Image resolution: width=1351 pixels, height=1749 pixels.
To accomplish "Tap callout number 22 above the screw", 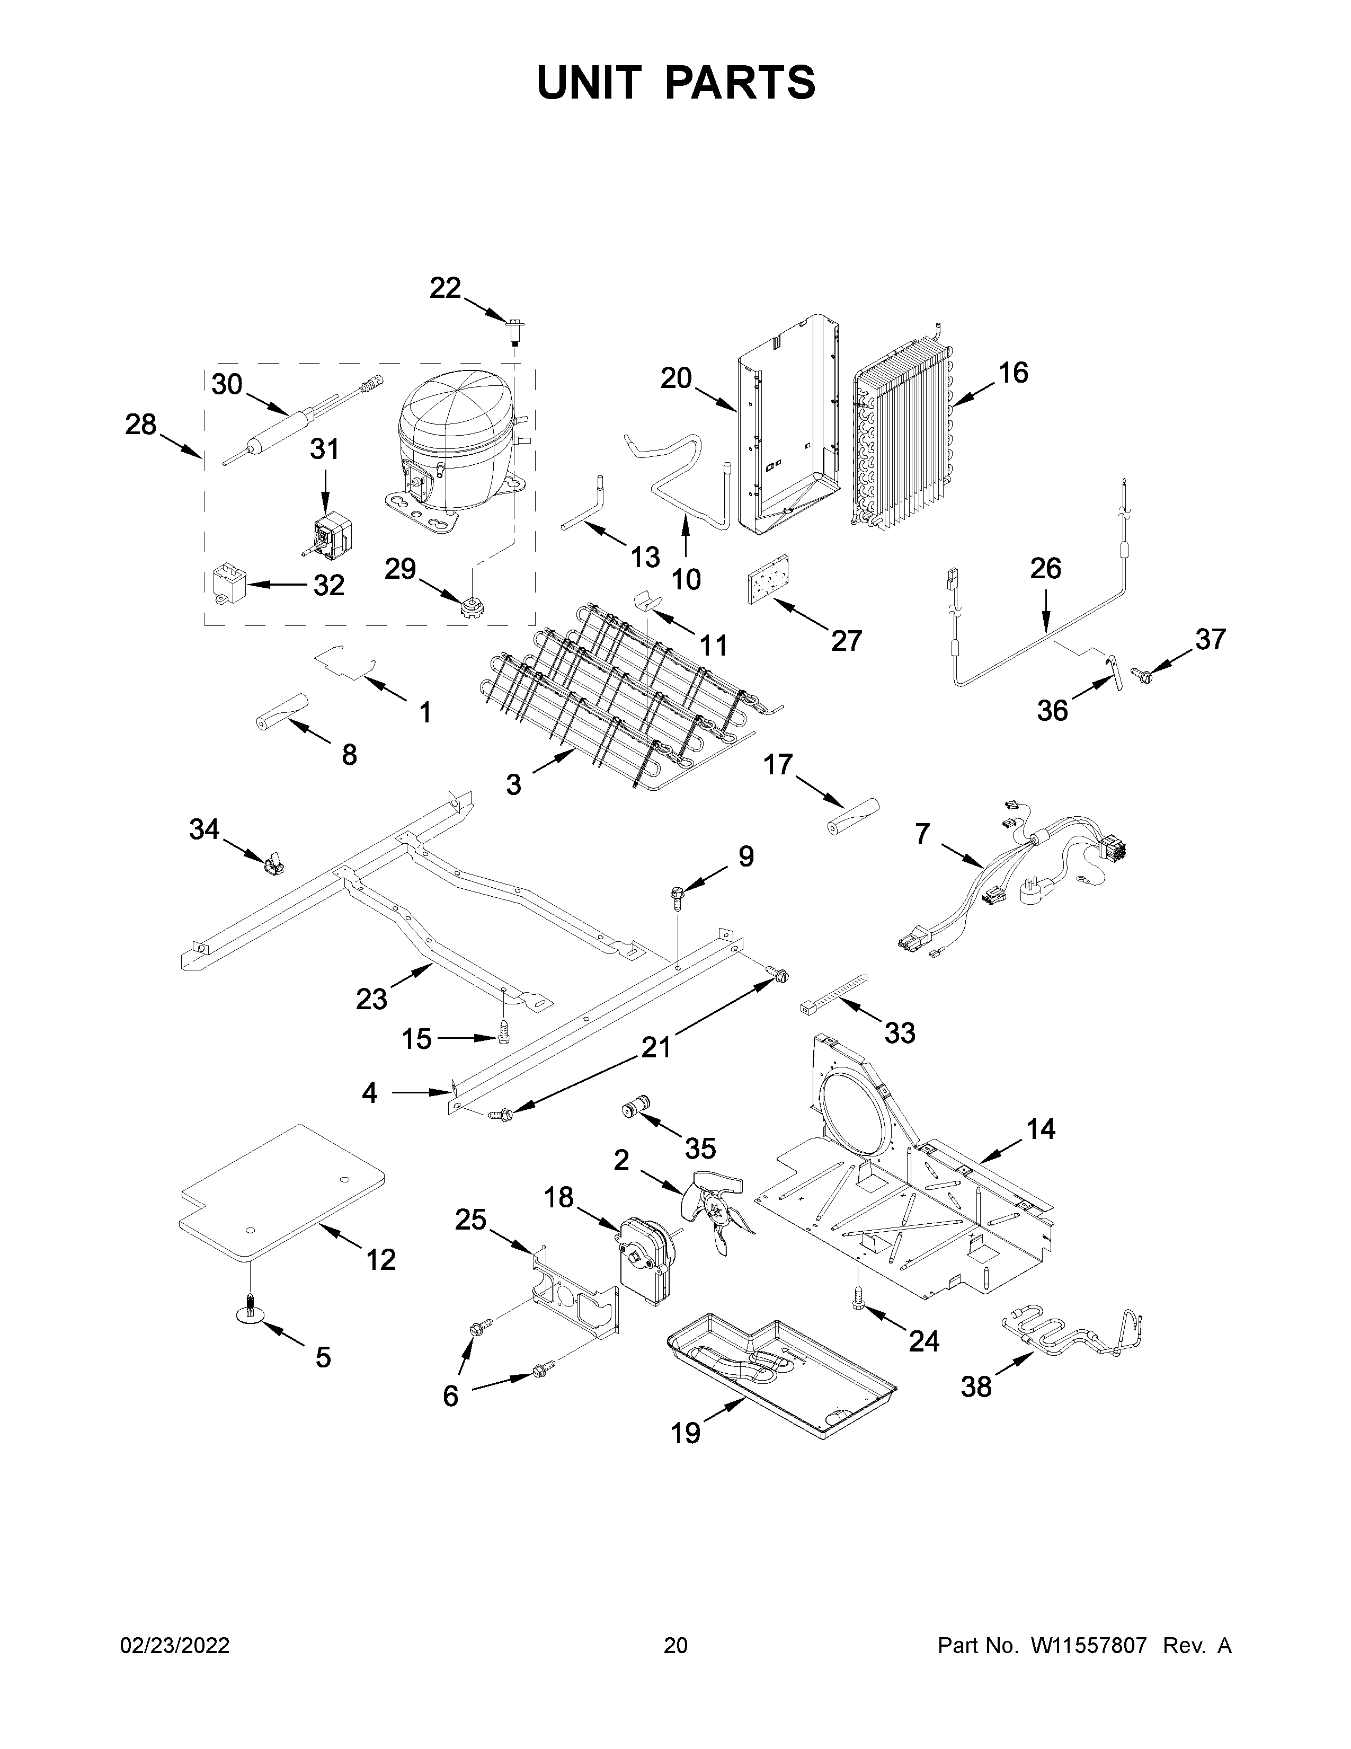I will click(445, 287).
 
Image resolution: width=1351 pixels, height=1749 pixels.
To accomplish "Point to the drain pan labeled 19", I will click(780, 1379).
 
